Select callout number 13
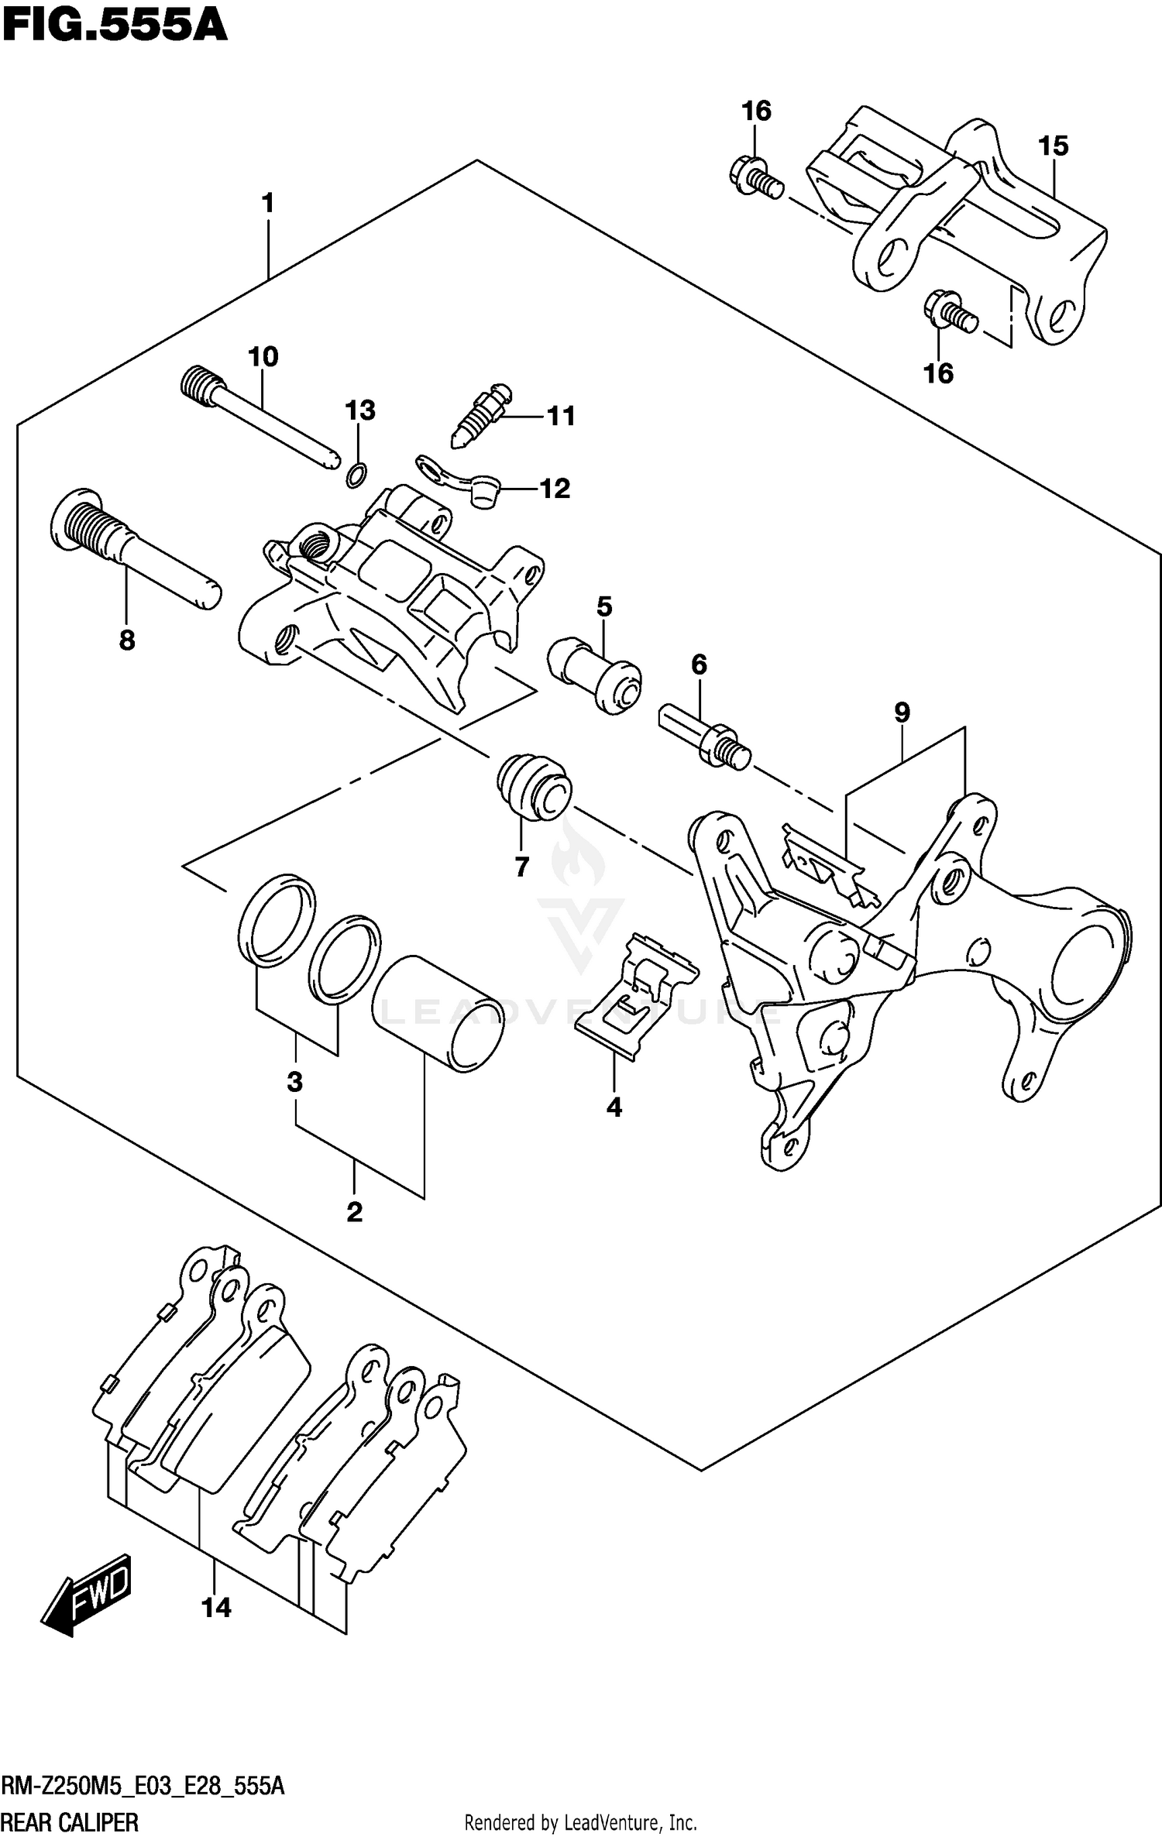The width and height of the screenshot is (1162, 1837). [360, 410]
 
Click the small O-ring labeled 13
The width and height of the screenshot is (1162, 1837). [357, 474]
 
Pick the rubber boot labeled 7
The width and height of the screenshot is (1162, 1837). [533, 785]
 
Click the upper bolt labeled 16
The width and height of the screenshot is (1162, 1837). [755, 176]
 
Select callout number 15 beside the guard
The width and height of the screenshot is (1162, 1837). [1053, 146]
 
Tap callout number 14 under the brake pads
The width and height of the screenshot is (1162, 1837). [216, 1608]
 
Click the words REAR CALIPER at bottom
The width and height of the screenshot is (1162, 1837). [70, 1822]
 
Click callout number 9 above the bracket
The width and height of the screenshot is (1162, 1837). [902, 712]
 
